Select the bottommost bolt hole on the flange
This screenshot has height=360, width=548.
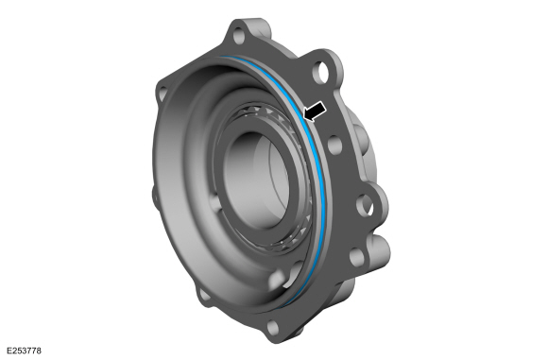273,327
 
